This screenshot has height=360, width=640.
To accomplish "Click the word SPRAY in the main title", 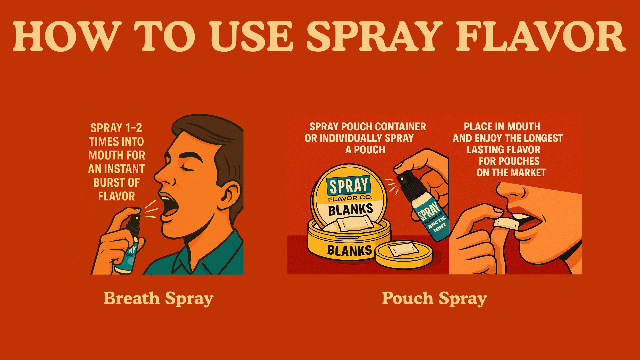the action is coord(375,36).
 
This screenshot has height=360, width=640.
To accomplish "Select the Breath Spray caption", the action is coord(159,299).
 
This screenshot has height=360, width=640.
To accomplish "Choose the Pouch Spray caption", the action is coord(434,299).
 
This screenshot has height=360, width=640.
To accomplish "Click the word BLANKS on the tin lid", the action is coord(351,210).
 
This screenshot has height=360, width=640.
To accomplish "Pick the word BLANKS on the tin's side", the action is coord(349,250).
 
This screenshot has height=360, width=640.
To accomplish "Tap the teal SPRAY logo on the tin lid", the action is coord(349,185).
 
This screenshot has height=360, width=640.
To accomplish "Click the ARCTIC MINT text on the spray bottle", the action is coord(437,224).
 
